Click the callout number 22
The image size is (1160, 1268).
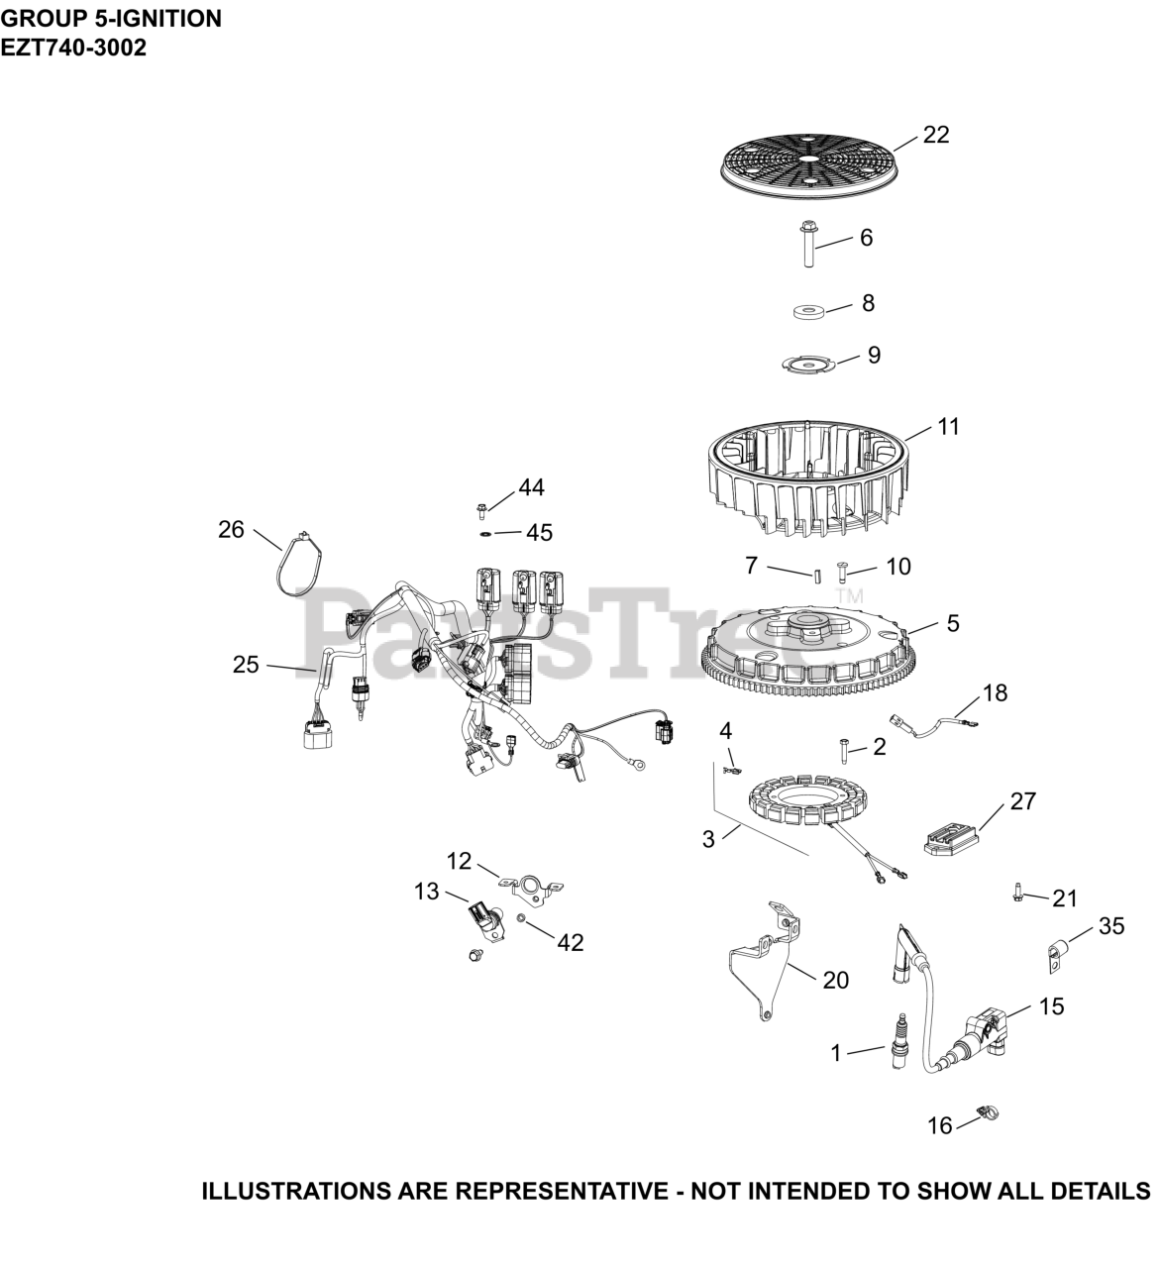935,135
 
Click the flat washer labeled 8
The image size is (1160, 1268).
808,313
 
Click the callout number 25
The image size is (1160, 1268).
246,665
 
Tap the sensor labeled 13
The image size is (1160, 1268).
484,918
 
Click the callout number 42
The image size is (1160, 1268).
570,942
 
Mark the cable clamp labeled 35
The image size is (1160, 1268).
1056,956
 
